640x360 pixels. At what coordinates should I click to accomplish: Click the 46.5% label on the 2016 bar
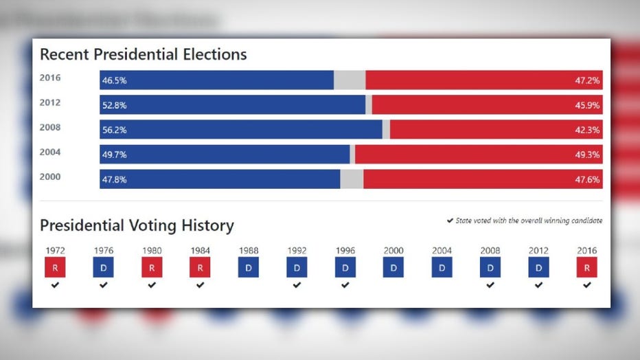point(114,80)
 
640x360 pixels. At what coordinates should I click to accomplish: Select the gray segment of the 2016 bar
point(350,80)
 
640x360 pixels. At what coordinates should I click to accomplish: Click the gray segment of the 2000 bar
point(352,179)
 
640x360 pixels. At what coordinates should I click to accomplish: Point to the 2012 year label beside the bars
point(50,103)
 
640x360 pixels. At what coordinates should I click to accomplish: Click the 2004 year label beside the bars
point(50,153)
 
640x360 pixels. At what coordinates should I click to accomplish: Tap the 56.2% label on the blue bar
point(114,130)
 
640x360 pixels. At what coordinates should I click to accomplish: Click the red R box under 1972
point(55,267)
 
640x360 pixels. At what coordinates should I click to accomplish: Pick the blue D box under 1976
point(103,267)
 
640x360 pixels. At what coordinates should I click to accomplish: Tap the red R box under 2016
point(586,267)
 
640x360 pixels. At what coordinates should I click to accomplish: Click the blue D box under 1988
point(249,267)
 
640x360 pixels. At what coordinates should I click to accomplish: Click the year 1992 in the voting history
point(297,251)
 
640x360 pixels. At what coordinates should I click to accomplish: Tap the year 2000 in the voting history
point(393,251)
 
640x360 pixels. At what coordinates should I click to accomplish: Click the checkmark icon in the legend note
point(450,221)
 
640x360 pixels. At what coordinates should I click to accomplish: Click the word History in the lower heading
point(205,225)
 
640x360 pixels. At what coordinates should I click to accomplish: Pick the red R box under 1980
point(152,267)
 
